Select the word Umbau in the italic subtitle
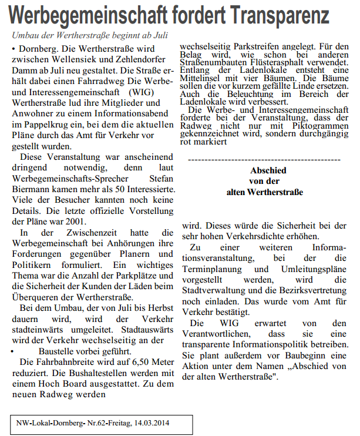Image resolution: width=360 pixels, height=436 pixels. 27,35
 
